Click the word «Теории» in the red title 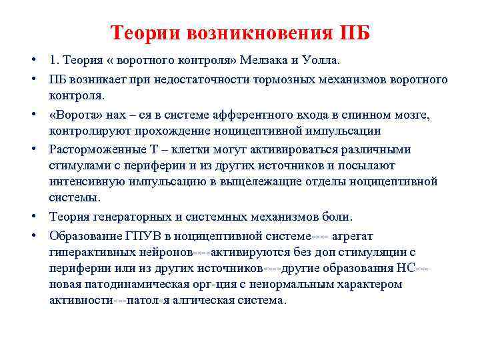pyautogui.click(x=146, y=33)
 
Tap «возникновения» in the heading pyautogui.click(x=263, y=33)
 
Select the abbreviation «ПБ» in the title pyautogui.click(x=355, y=33)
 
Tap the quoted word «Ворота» pyautogui.click(x=75, y=115)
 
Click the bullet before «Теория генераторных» pyautogui.click(x=33, y=217)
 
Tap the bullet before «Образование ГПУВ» pyautogui.click(x=33, y=235)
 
